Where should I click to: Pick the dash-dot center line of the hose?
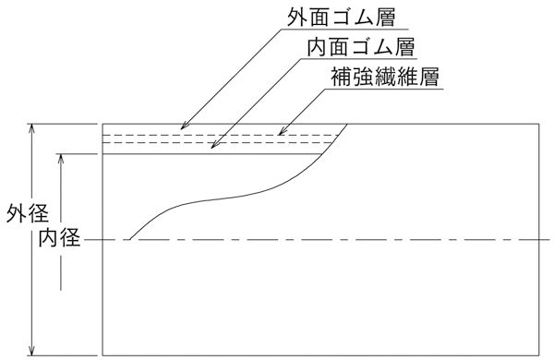369,239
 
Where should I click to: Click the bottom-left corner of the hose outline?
102,354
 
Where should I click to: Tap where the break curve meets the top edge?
348,123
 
